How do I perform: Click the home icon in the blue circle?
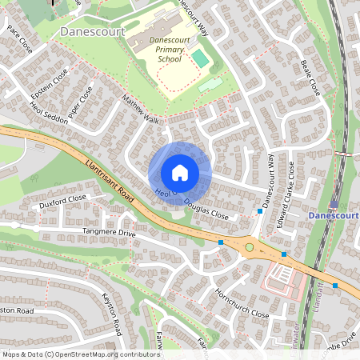coord(180,173)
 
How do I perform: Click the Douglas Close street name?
coord(206,210)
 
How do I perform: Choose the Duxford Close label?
coord(62,201)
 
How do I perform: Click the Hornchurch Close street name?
coord(242,303)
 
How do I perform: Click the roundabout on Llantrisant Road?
coord(249,247)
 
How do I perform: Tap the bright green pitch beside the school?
coord(200,58)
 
